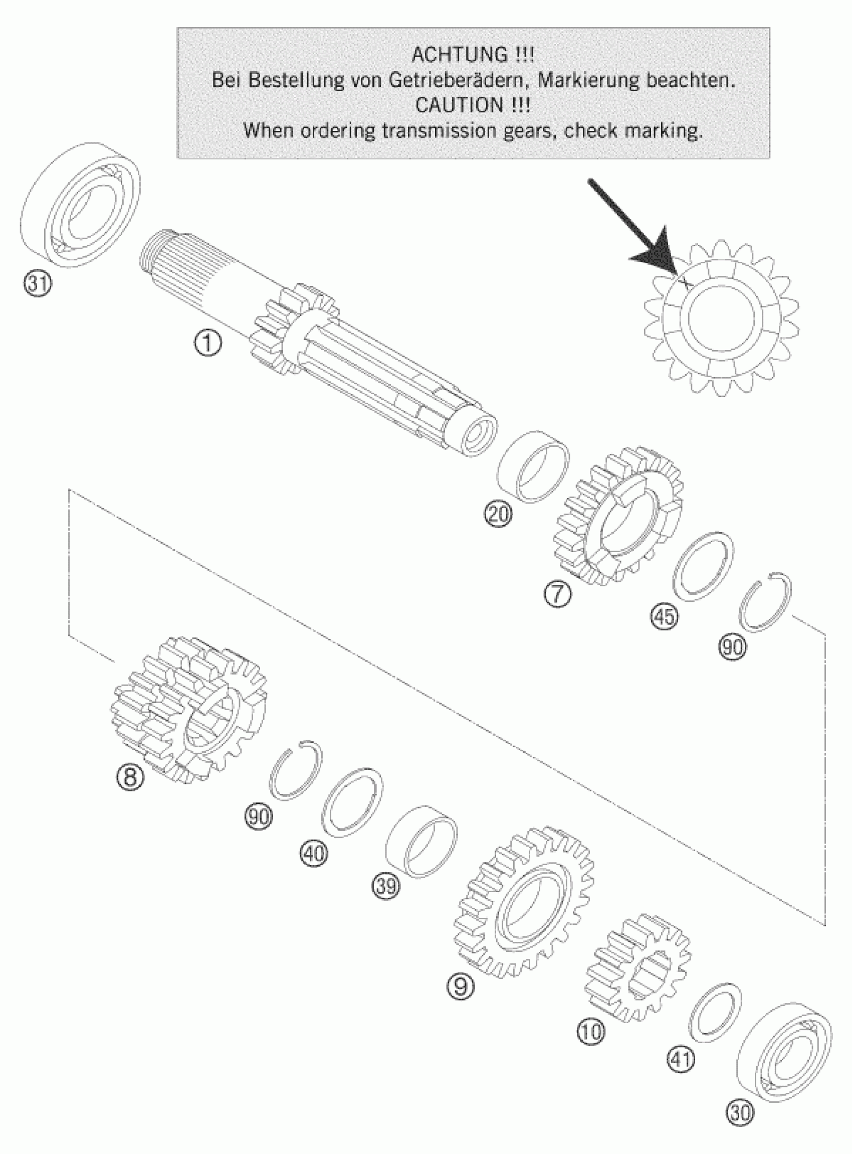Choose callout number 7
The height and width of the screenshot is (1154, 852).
(557, 594)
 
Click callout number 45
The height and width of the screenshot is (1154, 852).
(664, 616)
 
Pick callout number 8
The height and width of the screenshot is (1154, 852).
(130, 775)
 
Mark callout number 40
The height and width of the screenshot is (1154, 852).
(314, 853)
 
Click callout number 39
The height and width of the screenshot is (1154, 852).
(386, 886)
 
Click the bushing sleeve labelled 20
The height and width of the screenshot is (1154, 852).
(534, 464)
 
